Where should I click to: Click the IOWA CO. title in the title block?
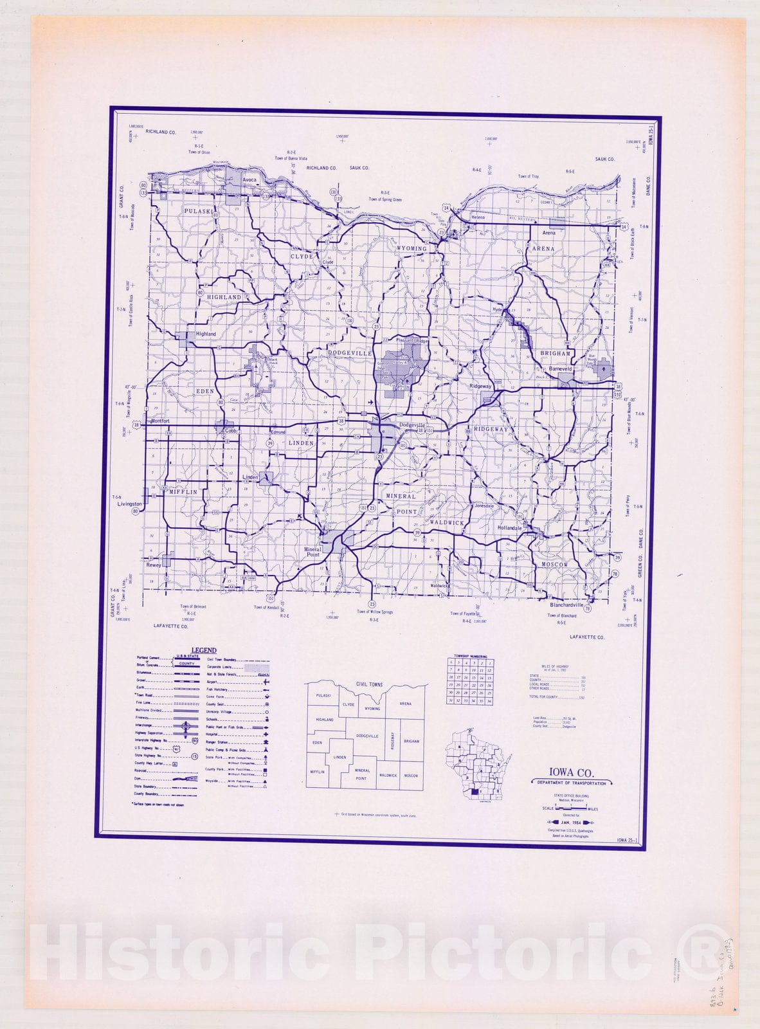pos(571,772)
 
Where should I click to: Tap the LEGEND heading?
pos(203,650)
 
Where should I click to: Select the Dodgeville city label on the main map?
pos(413,425)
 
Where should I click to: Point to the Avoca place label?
pos(249,180)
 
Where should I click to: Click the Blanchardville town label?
pos(566,605)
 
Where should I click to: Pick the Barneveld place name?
pos(560,369)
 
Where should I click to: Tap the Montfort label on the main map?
pos(159,421)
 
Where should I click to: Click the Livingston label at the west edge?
pos(129,504)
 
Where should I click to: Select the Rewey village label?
pos(154,565)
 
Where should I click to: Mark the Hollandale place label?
pos(509,528)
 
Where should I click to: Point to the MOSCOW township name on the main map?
pos(554,565)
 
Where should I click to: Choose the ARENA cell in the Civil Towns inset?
pos(405,704)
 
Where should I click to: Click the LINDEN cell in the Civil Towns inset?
pos(339,757)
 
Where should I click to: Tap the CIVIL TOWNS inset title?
pos(369,684)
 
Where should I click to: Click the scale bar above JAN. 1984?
pos(570,809)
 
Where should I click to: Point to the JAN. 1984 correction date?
pos(570,822)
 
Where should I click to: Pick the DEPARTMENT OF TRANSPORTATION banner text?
pos(571,783)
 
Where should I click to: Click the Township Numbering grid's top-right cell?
pos(489,662)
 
